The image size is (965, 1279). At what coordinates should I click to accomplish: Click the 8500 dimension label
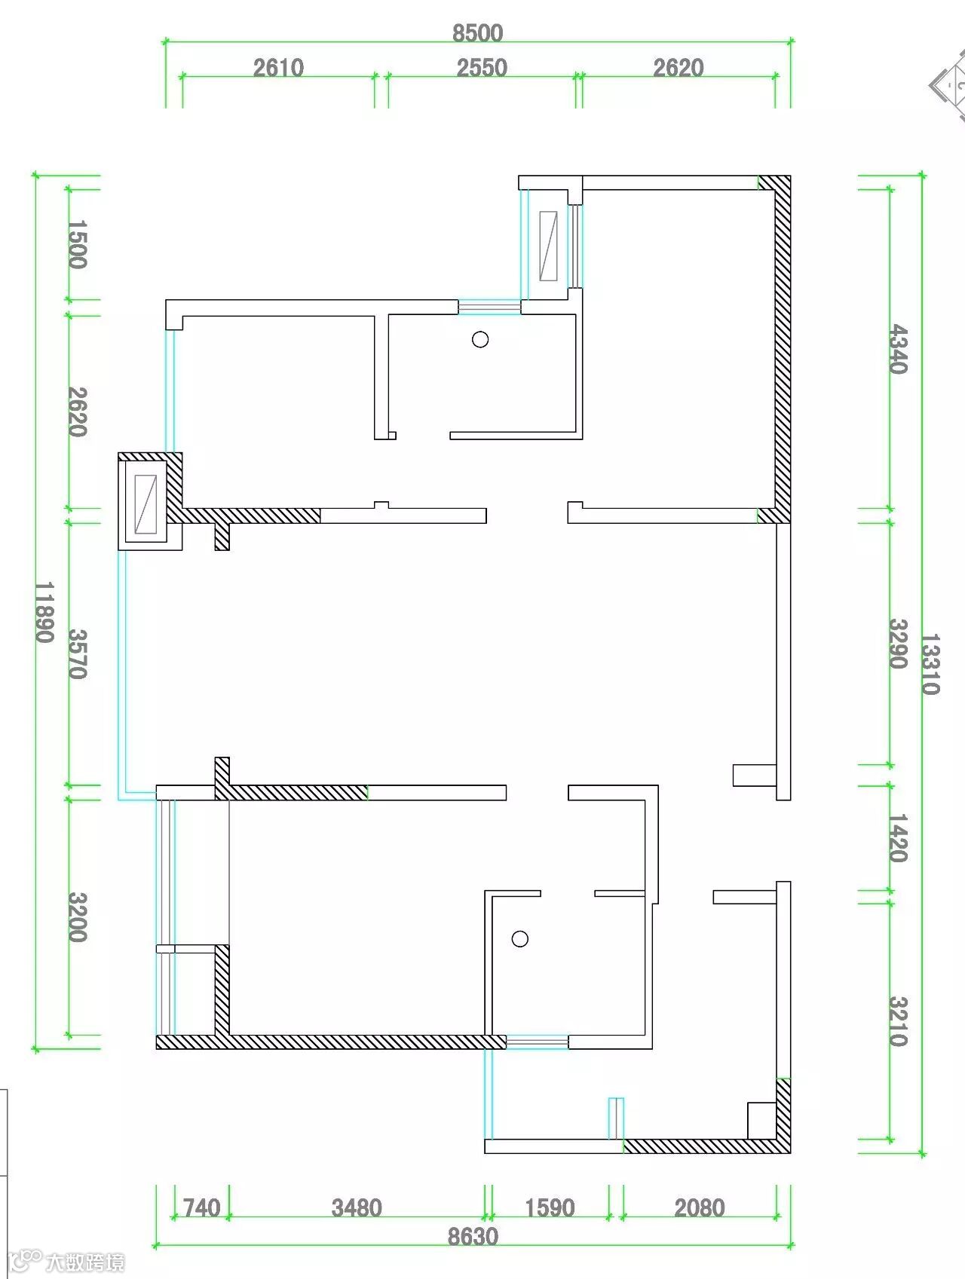point(477,33)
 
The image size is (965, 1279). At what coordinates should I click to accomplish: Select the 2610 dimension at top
point(278,68)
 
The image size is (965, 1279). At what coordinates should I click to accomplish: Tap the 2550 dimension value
point(482,68)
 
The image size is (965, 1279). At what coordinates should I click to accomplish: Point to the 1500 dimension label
point(78,244)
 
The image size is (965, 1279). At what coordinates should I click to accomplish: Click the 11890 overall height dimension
point(44,612)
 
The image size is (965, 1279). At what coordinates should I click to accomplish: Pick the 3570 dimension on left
point(78,654)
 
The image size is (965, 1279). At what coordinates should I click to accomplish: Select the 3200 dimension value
point(78,917)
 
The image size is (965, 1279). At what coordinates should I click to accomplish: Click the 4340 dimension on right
point(898,349)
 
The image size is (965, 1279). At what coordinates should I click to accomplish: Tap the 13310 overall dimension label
point(930,664)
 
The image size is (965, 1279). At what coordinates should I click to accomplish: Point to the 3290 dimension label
point(898,644)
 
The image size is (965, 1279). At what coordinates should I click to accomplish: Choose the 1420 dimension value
point(898,838)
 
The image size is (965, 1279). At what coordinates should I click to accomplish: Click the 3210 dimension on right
point(898,1021)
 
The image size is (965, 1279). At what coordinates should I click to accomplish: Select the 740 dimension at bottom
point(202,1208)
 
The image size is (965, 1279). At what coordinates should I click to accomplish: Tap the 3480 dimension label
point(357,1208)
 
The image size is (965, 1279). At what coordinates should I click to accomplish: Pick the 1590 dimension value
point(550,1208)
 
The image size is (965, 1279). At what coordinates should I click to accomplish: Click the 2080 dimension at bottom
point(700,1208)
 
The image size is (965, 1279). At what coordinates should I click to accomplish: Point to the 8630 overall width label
point(473,1237)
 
